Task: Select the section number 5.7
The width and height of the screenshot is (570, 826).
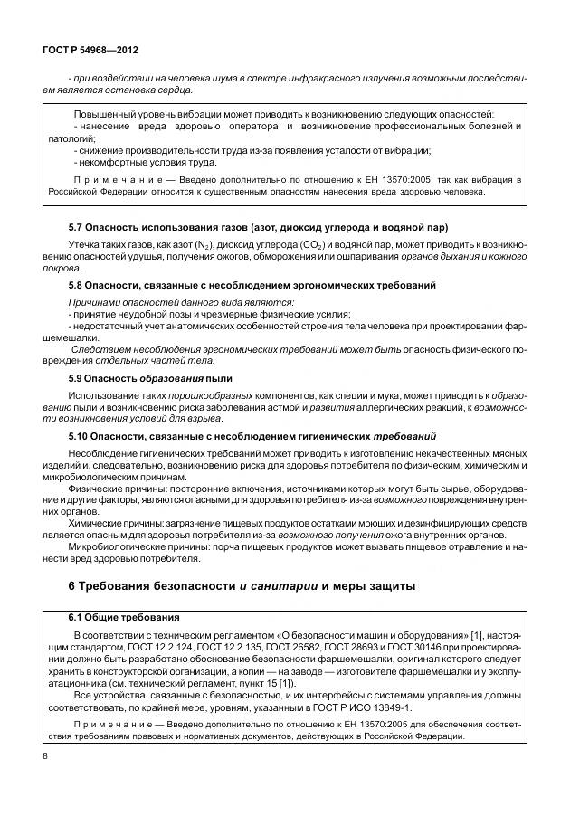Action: pyautogui.click(x=77, y=226)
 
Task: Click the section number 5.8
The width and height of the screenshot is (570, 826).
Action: pyautogui.click(x=77, y=286)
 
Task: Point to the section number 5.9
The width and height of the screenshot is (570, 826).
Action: pyautogui.click(x=77, y=376)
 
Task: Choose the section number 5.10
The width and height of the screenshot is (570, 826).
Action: pyautogui.click(x=80, y=436)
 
